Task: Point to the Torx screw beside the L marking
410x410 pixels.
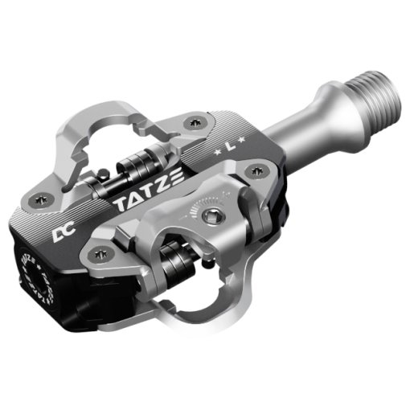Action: pyautogui.click(x=257, y=169)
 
